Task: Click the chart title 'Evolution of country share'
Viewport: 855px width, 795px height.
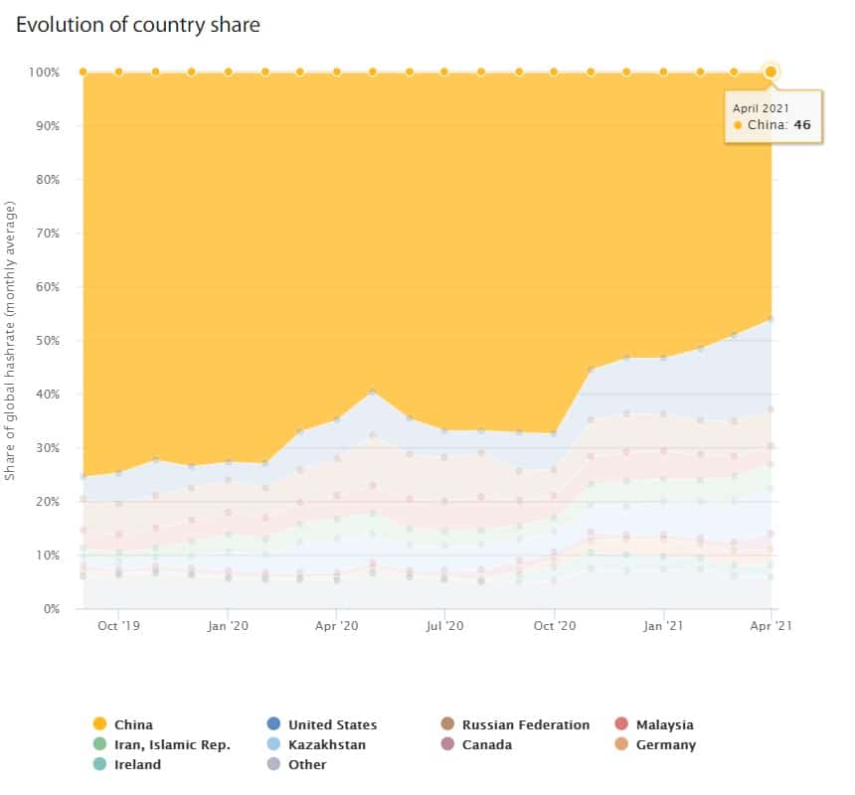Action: tap(138, 25)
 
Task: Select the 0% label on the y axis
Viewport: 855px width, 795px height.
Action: tap(50, 609)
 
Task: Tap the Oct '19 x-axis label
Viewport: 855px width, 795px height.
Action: tap(118, 626)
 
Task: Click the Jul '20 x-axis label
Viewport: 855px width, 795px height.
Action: tap(444, 626)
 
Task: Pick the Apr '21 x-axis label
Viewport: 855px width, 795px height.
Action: tap(770, 626)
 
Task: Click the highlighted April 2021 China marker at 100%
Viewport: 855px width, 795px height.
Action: tap(770, 72)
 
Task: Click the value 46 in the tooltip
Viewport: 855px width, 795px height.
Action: tap(802, 125)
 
